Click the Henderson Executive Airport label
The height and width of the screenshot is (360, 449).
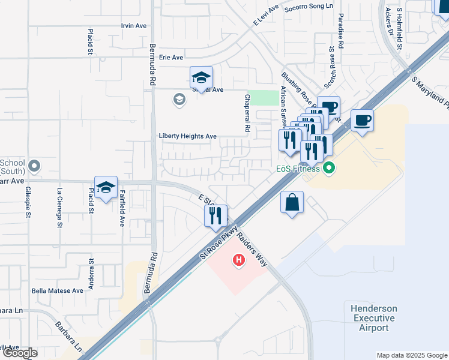click(374, 317)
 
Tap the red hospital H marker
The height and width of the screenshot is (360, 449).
click(239, 260)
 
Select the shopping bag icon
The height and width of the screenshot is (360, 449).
click(292, 202)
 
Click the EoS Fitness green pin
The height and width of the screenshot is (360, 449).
click(328, 167)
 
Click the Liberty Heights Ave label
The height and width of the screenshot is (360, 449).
click(187, 136)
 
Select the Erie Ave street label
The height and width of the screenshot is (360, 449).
click(171, 58)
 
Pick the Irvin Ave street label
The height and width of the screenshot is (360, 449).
click(134, 26)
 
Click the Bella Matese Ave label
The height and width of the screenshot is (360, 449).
click(58, 290)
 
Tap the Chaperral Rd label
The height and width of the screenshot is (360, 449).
click(247, 113)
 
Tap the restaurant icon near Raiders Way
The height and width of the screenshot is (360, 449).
click(215, 214)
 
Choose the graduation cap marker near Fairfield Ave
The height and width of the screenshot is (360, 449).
click(106, 188)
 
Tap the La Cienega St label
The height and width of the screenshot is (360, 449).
click(59, 208)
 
